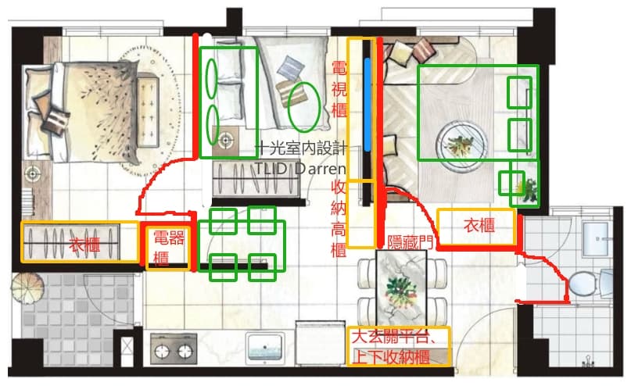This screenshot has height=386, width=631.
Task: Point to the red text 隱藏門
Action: tap(410, 242)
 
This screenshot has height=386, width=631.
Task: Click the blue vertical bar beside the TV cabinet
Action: tap(367, 105)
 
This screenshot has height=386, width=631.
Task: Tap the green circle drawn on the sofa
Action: tap(305, 107)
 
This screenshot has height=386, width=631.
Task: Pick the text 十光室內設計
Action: tap(301, 148)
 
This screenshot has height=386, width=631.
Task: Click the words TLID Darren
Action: tap(300, 169)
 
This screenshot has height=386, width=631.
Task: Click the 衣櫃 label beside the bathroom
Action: tap(479, 226)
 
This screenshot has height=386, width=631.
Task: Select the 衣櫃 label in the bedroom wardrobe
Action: tap(84, 245)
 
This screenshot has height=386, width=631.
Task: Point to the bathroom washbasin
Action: tap(597, 240)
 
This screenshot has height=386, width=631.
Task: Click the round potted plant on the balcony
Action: tap(27, 288)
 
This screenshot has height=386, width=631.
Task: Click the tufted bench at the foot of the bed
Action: tap(148, 111)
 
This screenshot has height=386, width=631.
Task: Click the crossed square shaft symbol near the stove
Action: tap(127, 346)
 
